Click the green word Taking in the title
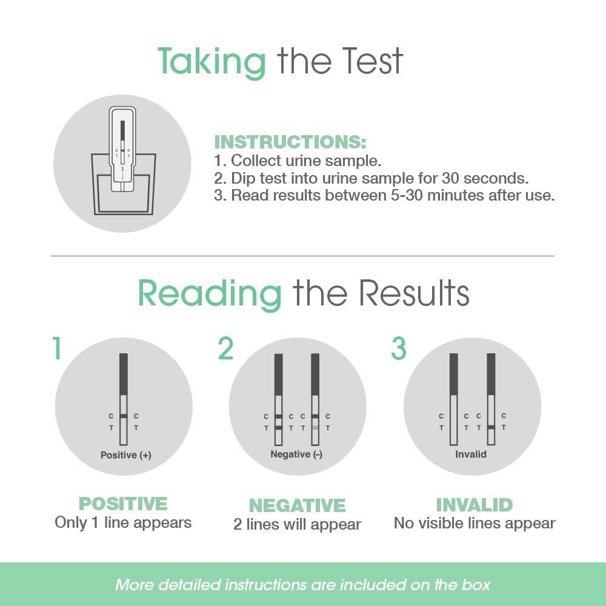click(x=211, y=61)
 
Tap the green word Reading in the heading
click(x=210, y=294)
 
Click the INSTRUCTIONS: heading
click(x=290, y=142)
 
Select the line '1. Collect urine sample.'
click(x=298, y=161)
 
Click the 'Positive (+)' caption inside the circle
click(x=126, y=454)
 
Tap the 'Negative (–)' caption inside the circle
click(x=296, y=454)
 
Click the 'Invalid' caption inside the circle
click(x=471, y=454)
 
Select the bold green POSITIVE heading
click(x=123, y=504)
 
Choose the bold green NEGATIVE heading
click(x=298, y=505)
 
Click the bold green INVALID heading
click(x=474, y=504)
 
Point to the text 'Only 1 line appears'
click(x=123, y=523)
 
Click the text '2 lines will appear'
click(x=298, y=524)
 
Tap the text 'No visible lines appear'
click(x=474, y=523)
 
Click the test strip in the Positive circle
click(x=124, y=400)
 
